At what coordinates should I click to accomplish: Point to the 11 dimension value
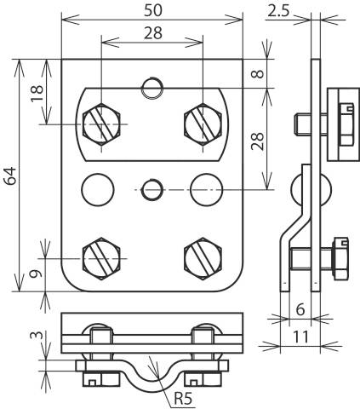point(300,337)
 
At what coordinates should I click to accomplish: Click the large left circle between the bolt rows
point(97,187)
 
